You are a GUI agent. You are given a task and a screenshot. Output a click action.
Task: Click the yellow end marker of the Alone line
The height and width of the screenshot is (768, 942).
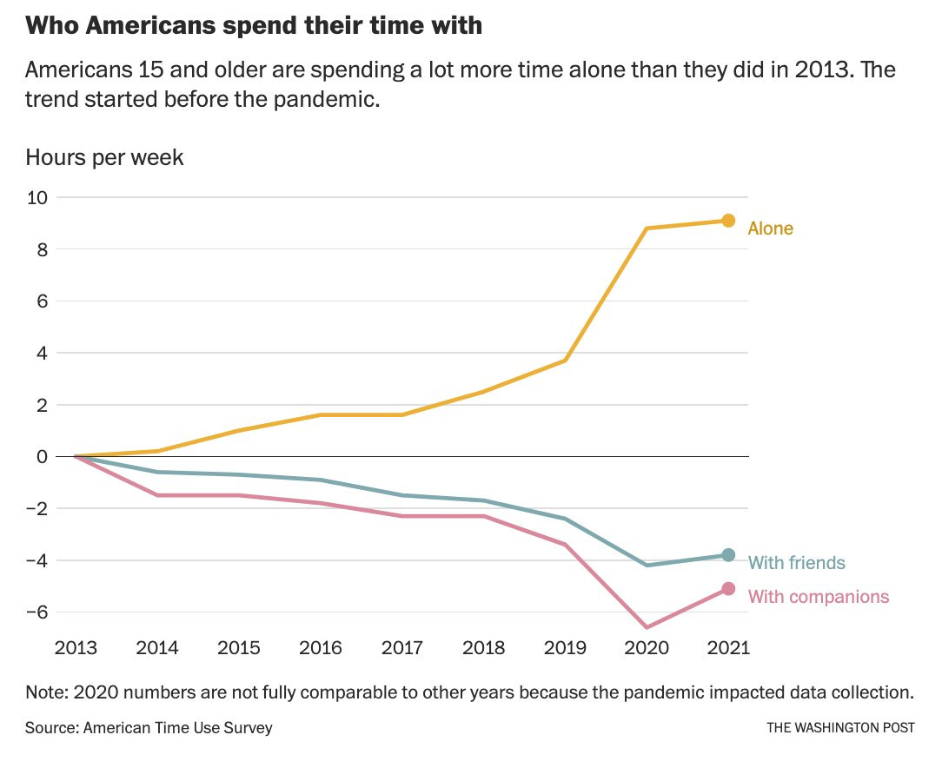click(728, 221)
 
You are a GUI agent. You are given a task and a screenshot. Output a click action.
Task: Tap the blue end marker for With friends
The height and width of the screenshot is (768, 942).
click(728, 555)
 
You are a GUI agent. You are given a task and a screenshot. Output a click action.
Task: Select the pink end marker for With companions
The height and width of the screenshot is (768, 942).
click(728, 589)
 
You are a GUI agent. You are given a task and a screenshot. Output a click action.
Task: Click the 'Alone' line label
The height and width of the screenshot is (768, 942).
click(770, 228)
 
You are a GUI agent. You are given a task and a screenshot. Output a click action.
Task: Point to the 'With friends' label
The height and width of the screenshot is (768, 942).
click(796, 563)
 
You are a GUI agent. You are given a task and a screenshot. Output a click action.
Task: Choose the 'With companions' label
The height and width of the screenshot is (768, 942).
click(818, 596)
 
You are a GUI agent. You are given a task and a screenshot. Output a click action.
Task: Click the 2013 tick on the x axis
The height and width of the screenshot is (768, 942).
click(76, 648)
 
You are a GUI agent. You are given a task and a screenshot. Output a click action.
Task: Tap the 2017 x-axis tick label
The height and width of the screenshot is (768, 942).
click(402, 648)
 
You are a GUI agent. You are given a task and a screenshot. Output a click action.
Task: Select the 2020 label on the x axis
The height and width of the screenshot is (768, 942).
click(647, 648)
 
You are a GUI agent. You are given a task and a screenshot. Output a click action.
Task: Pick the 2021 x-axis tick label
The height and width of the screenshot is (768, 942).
click(728, 648)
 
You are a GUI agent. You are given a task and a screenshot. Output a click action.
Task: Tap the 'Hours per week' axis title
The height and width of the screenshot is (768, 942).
click(104, 157)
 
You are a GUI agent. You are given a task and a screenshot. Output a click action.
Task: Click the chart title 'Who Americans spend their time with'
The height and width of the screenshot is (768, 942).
click(254, 25)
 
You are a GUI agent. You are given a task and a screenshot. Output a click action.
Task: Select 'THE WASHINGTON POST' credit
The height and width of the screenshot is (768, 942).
click(840, 728)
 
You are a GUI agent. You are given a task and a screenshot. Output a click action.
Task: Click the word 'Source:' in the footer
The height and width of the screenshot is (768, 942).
click(51, 727)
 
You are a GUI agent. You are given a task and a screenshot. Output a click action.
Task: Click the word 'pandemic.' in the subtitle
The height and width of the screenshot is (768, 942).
click(335, 99)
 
